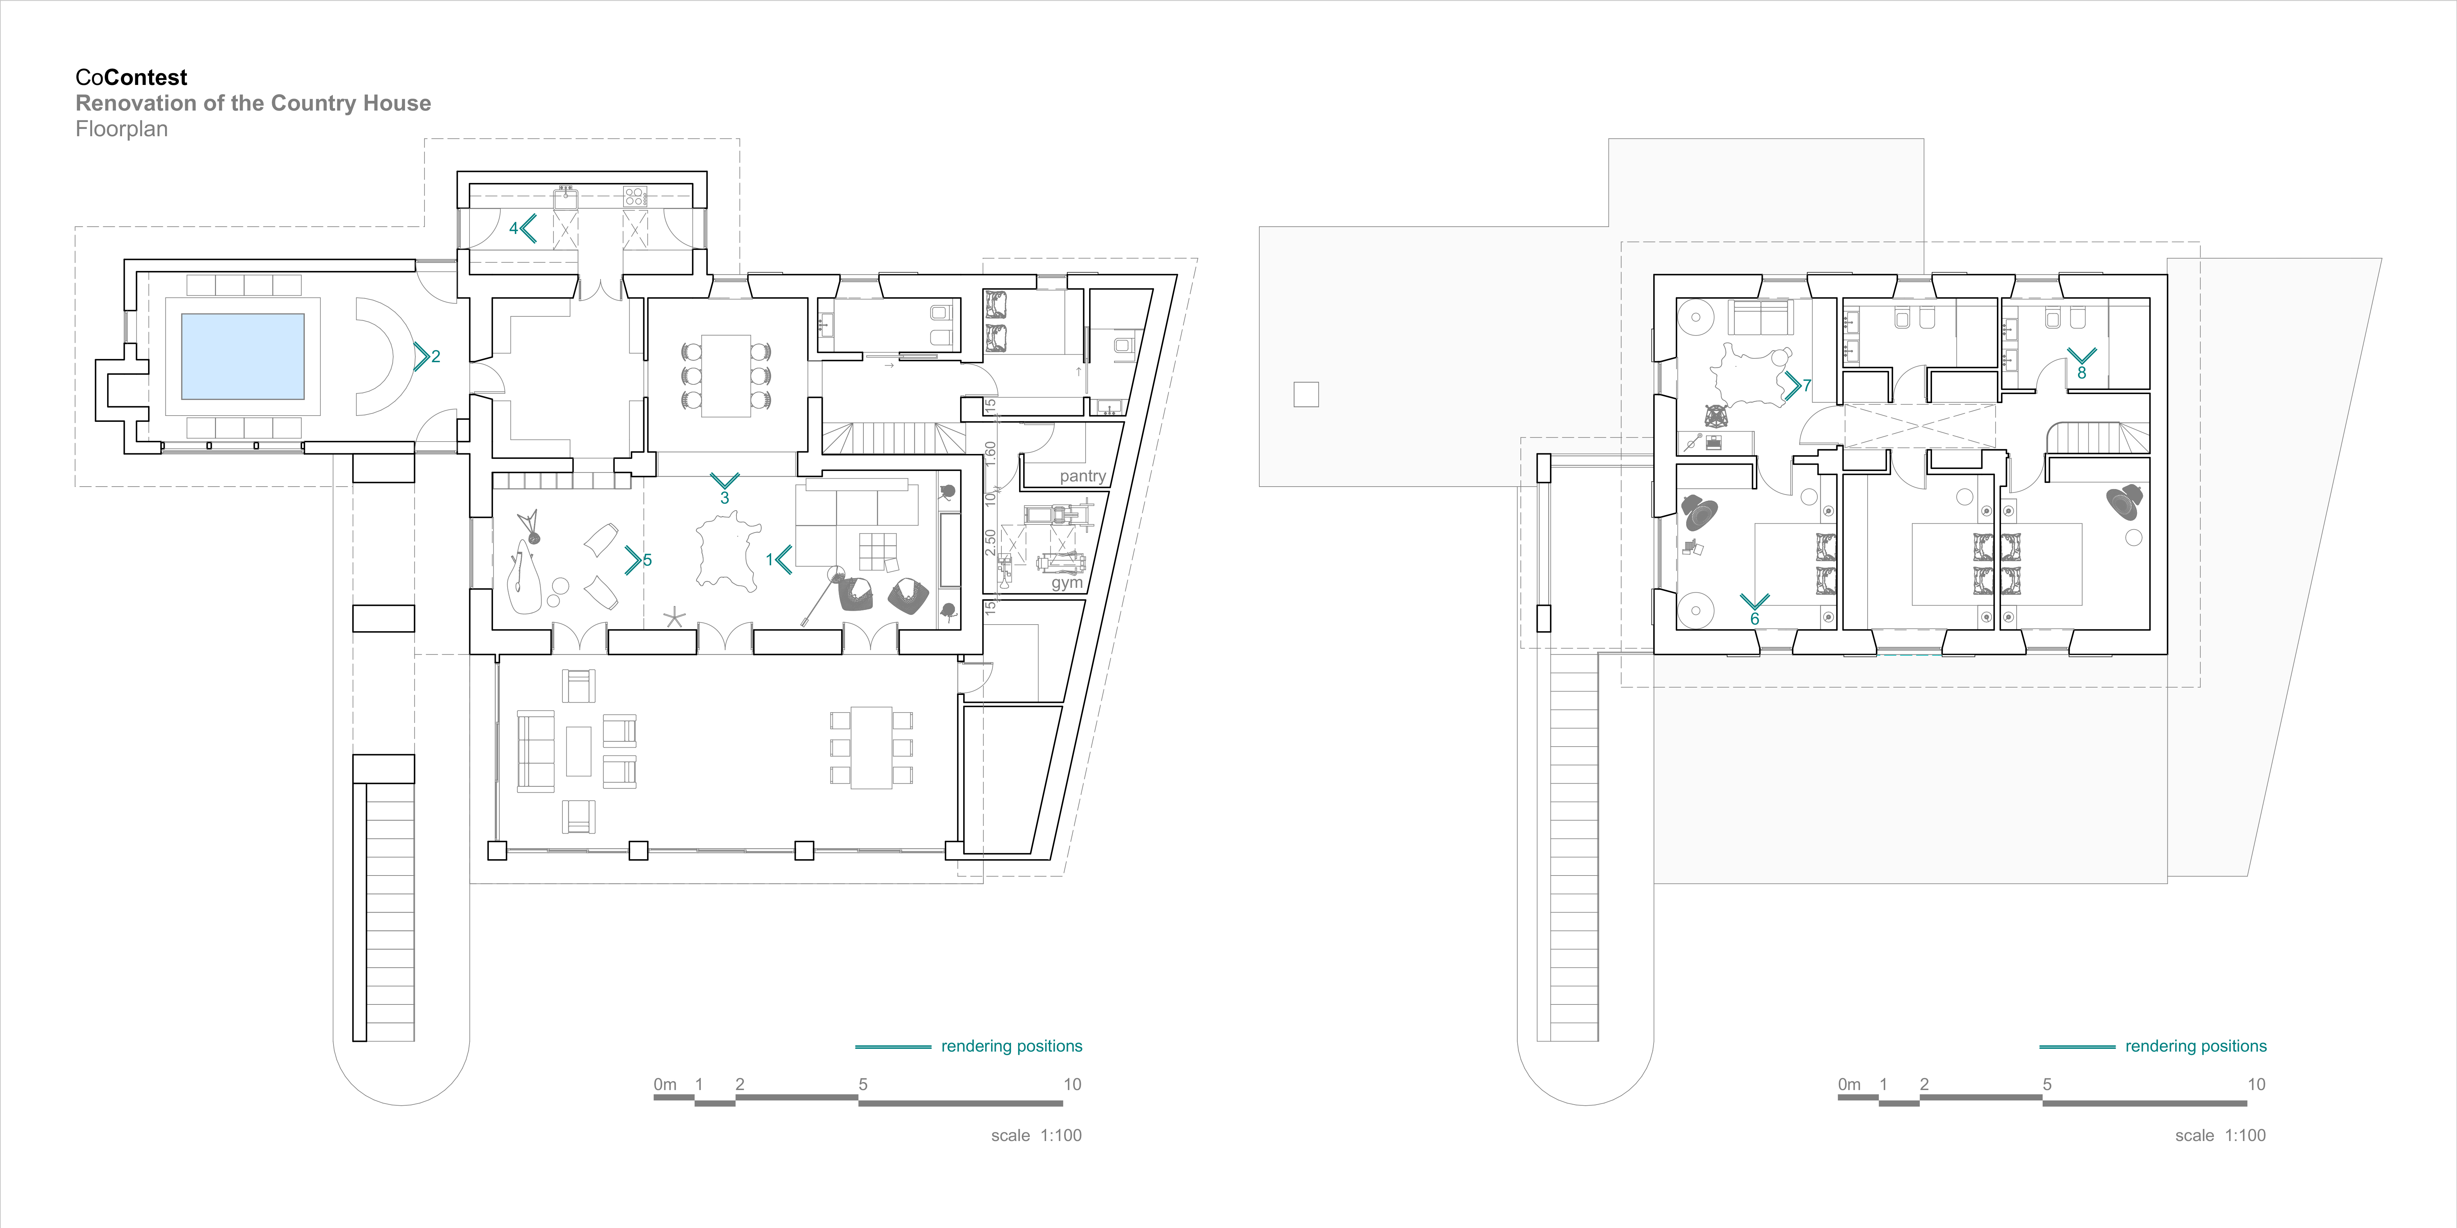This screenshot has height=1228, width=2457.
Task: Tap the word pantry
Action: point(1083,476)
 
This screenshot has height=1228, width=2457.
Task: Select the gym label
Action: point(1066,583)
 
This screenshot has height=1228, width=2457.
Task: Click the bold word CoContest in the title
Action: point(132,77)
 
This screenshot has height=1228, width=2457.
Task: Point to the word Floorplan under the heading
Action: point(121,129)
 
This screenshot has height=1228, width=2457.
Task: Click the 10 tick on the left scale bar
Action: point(1072,1084)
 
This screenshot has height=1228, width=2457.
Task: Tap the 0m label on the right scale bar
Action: point(1848,1084)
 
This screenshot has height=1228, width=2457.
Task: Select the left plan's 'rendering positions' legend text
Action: point(1011,1046)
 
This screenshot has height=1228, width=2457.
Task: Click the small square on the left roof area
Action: point(1306,394)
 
